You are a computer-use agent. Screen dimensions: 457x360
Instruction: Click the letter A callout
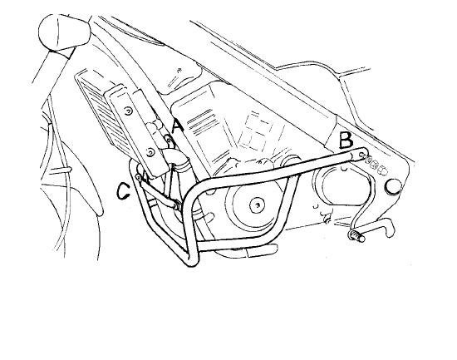coord(178,126)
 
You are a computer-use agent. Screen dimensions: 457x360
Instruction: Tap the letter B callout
coord(346,140)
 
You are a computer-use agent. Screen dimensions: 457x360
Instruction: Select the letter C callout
coord(123,190)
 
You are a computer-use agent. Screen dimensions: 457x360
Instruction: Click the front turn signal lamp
coord(64,32)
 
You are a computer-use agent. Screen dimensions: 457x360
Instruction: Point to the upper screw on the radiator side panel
coord(127,111)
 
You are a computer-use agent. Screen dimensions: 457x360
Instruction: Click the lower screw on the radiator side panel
coord(150,152)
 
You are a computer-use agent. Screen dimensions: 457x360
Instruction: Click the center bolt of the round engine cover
coord(257,205)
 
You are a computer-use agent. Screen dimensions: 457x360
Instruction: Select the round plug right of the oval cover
coord(393,186)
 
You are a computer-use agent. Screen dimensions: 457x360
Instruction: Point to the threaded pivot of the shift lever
coord(356,235)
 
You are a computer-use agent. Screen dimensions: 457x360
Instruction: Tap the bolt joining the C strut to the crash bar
coord(177,205)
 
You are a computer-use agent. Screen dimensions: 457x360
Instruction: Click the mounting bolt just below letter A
coord(168,141)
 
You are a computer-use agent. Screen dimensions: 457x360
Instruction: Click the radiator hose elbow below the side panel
coord(175,158)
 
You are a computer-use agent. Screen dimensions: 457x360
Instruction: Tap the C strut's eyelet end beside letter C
coord(138,177)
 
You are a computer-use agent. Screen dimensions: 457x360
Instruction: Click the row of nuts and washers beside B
coord(376,165)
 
